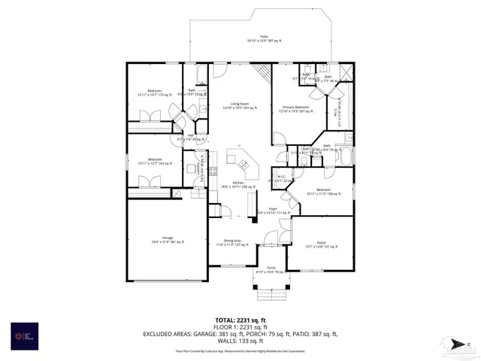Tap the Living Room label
240,106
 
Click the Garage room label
168,240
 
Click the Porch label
271,269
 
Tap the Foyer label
273,211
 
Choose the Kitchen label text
237,184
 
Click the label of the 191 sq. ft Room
321,244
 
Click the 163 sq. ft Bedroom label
155,161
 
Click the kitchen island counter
241,162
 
